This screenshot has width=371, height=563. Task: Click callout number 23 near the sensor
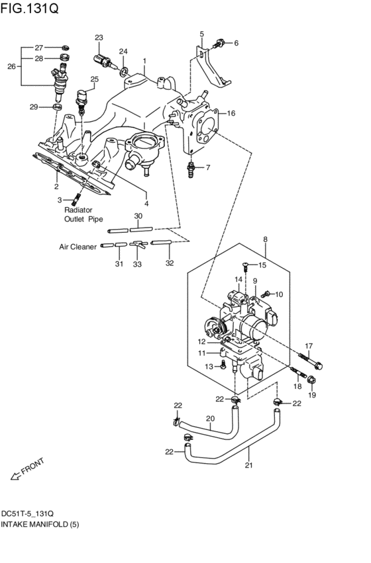(99, 38)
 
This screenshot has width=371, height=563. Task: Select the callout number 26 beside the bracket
(11, 66)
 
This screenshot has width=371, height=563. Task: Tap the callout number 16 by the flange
(231, 113)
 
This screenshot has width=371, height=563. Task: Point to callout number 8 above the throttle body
(265, 239)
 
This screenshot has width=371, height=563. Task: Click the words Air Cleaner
(77, 247)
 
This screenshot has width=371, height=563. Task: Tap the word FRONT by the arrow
(32, 468)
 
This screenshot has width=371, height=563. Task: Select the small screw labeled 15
(246, 267)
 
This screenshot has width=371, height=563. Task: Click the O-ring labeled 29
(57, 107)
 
